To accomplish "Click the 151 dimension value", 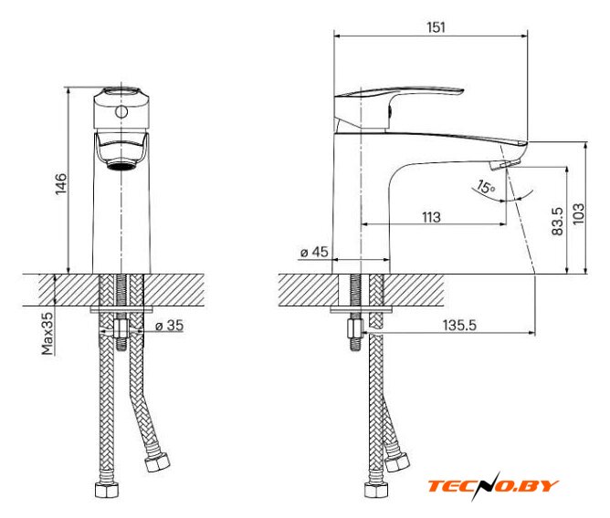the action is pyautogui.click(x=436, y=27).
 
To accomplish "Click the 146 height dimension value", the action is pyautogui.click(x=60, y=184).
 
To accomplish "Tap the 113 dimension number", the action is pyautogui.click(x=431, y=217).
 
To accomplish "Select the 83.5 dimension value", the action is pyautogui.click(x=557, y=221).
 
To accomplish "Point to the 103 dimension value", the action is pyautogui.click(x=578, y=213).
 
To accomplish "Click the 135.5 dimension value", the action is pyautogui.click(x=459, y=325).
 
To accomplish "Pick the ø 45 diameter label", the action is pyautogui.click(x=314, y=252).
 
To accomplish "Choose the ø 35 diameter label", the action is pyautogui.click(x=169, y=326).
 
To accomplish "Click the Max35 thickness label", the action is pyautogui.click(x=47, y=334).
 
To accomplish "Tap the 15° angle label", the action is pyautogui.click(x=486, y=187).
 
